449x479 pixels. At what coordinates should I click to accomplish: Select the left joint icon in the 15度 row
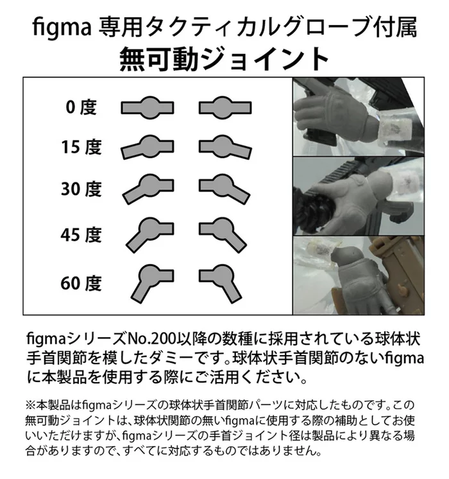(147, 147)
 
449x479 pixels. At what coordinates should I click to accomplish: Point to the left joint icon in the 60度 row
(148, 281)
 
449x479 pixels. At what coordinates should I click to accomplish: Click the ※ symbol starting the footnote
(32, 406)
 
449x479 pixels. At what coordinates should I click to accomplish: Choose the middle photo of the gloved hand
(357, 195)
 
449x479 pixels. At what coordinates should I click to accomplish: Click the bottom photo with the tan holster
(357, 275)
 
